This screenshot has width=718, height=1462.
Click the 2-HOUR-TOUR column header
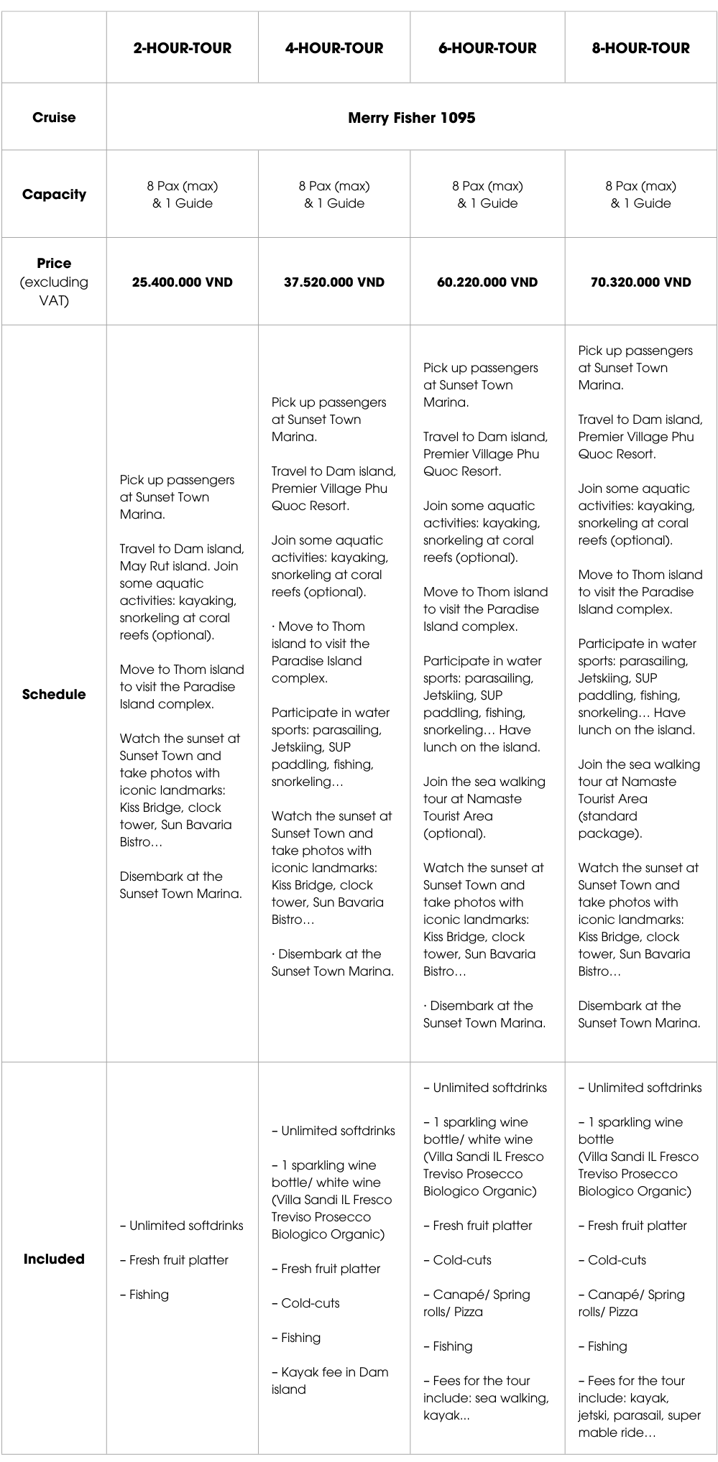182,48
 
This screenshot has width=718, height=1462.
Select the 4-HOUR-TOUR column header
334,48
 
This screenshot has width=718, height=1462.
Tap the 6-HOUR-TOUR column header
487,48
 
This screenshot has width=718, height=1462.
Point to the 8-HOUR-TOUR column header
640,48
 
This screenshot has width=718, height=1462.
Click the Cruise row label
54,117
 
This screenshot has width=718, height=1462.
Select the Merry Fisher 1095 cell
411,118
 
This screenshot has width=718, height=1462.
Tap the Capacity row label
54,194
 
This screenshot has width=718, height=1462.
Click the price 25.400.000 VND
182,282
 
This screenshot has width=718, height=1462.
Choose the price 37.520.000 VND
334,282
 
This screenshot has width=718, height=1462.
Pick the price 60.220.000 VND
487,282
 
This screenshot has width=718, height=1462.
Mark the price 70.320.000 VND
640,282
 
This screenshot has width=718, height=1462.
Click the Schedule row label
54,694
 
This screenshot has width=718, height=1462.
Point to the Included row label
54,1259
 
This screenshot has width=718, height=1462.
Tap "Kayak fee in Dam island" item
329,1381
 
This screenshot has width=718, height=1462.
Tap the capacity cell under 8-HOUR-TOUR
640,194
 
